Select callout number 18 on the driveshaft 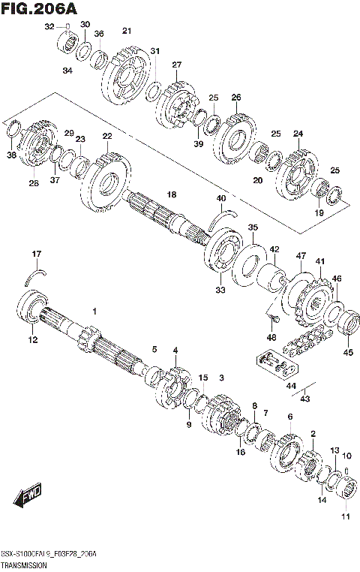(171, 195)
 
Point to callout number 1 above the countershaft (94, 311)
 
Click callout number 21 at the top (127, 31)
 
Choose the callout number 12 (32, 340)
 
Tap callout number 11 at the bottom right (346, 516)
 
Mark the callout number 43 (305, 399)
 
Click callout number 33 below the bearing (220, 290)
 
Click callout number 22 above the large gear (107, 136)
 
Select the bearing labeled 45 (348, 325)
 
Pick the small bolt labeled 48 (269, 322)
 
